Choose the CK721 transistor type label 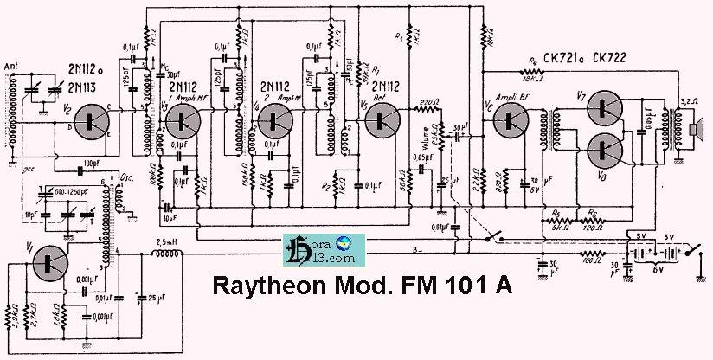pyautogui.click(x=563, y=58)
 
